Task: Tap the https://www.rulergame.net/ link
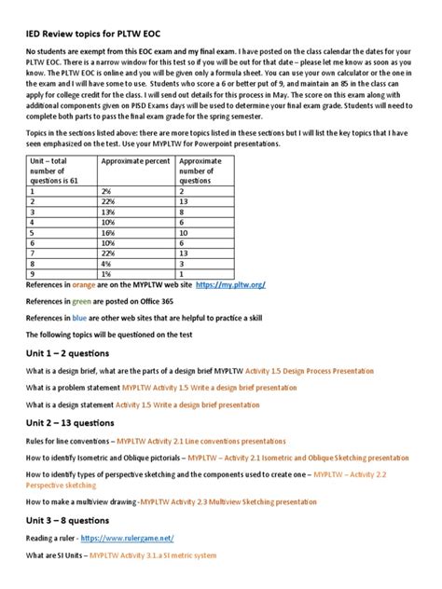[x=128, y=539]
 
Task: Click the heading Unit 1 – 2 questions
[x=67, y=353]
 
